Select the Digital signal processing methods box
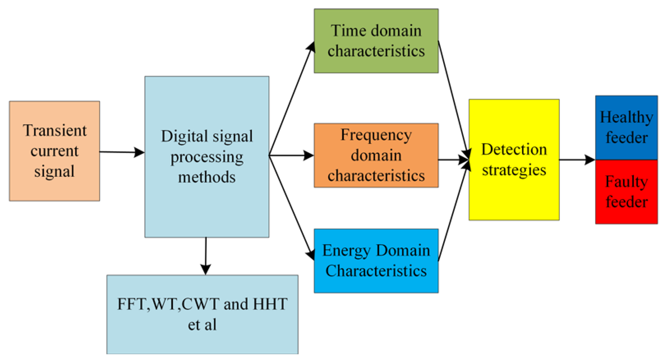click(x=207, y=156)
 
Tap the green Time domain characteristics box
click(x=376, y=41)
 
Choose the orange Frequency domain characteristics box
click(x=376, y=155)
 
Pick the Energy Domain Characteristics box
click(x=376, y=261)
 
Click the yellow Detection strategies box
click(x=514, y=160)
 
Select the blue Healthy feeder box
click(x=626, y=127)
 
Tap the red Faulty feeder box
click(x=626, y=192)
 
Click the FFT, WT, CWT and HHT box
click(x=202, y=314)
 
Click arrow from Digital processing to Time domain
click(x=291, y=100)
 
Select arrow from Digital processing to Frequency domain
click(x=291, y=155)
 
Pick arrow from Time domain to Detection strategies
click(x=453, y=98)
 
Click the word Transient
click(x=55, y=130)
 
